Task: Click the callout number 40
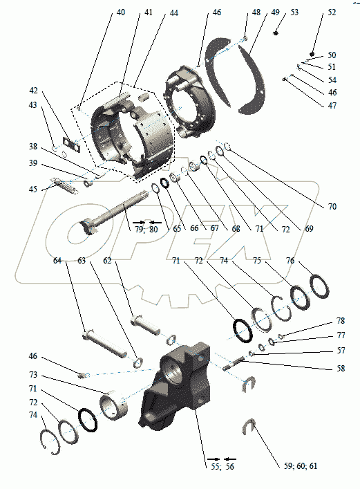coord(121,12)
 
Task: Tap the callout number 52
coord(332,12)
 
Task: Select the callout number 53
coord(294,12)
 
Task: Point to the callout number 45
coord(32,190)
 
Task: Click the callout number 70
coord(332,206)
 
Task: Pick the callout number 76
coord(290,260)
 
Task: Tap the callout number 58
coord(341,369)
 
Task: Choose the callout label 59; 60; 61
coord(301,466)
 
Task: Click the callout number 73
coord(32,375)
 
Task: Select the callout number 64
coord(57,260)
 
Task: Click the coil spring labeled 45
coord(65,186)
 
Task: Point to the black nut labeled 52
coord(313,54)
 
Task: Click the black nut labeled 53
coord(276,33)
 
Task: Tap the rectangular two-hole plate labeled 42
coord(72,145)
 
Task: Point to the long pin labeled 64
coord(104,344)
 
